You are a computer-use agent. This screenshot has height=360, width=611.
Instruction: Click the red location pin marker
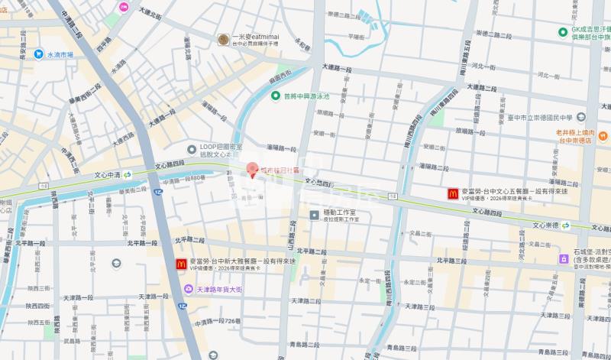(252, 169)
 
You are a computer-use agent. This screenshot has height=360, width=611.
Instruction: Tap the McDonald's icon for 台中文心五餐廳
(453, 194)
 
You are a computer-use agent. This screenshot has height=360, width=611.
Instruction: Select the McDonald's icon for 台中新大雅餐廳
(181, 264)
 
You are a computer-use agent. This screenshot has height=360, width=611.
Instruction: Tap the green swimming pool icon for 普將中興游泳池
(276, 96)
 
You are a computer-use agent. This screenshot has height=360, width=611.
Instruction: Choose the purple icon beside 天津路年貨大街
(189, 290)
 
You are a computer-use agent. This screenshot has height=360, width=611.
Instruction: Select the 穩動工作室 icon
(314, 216)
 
